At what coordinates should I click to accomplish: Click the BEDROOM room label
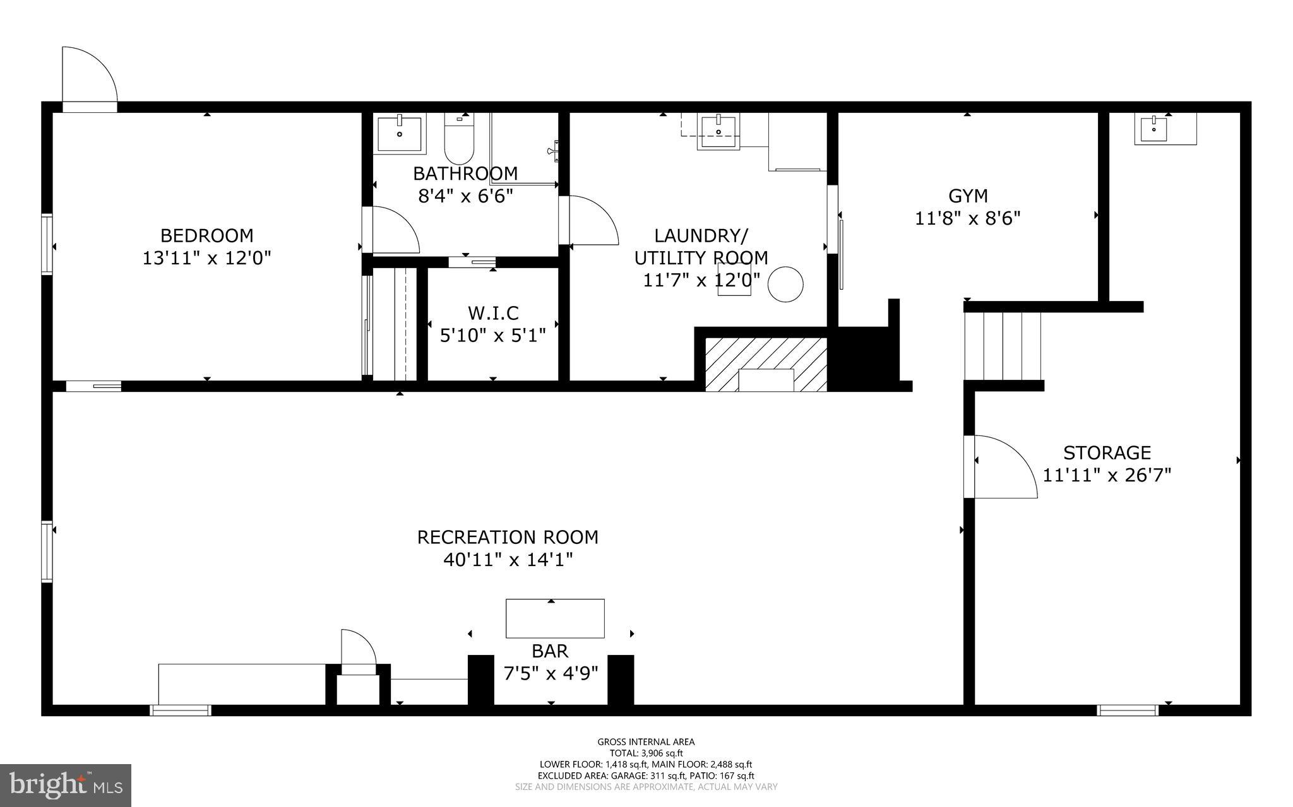(x=206, y=235)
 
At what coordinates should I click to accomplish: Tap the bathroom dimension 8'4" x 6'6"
(x=465, y=196)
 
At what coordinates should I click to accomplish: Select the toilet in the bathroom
(x=459, y=138)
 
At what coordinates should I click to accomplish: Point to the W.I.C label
(x=493, y=313)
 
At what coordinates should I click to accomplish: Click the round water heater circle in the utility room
(x=785, y=284)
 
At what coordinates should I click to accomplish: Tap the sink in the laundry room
(x=718, y=132)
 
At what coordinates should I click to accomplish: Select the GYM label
(x=968, y=196)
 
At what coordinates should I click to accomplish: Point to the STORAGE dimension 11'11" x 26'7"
(x=1107, y=475)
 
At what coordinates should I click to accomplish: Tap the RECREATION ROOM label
(x=508, y=538)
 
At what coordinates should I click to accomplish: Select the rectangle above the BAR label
(x=555, y=618)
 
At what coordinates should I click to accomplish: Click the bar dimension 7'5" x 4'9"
(x=551, y=673)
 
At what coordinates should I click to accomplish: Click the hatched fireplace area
(x=766, y=364)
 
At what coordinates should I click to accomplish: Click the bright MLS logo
(x=66, y=785)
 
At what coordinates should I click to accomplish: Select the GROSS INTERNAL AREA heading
(x=646, y=742)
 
